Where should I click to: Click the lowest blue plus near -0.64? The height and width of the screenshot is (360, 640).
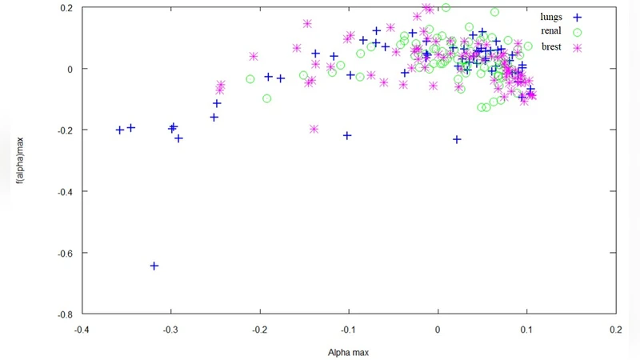click(x=154, y=266)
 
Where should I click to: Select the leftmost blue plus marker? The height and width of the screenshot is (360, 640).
click(x=120, y=130)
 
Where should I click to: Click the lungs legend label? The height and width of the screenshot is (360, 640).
click(x=551, y=16)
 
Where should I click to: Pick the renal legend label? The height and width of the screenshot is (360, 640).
click(x=551, y=31)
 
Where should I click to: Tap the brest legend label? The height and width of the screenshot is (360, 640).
click(x=551, y=46)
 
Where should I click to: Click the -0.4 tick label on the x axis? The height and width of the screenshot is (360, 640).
click(x=81, y=329)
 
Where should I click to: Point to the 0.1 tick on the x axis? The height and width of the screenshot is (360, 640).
click(x=526, y=329)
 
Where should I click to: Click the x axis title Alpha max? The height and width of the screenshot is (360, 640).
click(x=348, y=351)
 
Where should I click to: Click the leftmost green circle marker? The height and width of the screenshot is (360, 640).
click(x=250, y=79)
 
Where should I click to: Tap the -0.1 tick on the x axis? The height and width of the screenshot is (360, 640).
click(x=348, y=329)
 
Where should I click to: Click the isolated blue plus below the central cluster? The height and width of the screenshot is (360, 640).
click(x=457, y=139)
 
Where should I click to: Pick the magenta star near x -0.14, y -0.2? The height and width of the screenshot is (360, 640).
click(x=314, y=129)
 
